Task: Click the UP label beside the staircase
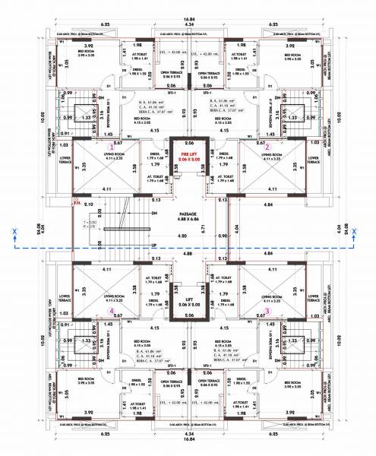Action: pyautogui.click(x=155, y=245)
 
